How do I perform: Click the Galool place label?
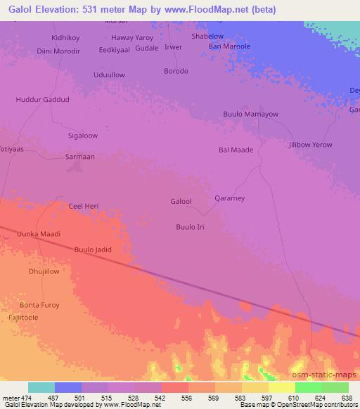(181, 202)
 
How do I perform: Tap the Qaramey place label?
(229, 198)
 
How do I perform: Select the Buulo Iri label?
(190, 227)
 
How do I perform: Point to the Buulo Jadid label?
(93, 249)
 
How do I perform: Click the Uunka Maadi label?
(39, 234)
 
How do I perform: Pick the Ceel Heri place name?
(83, 206)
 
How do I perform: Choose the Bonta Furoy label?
(39, 305)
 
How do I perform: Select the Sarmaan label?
(79, 157)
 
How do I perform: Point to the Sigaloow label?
(82, 136)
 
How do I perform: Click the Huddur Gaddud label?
(42, 100)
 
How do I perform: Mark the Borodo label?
(176, 71)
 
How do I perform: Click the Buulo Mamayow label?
(250, 114)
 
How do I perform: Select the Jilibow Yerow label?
(310, 145)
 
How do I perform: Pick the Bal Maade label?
(236, 150)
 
